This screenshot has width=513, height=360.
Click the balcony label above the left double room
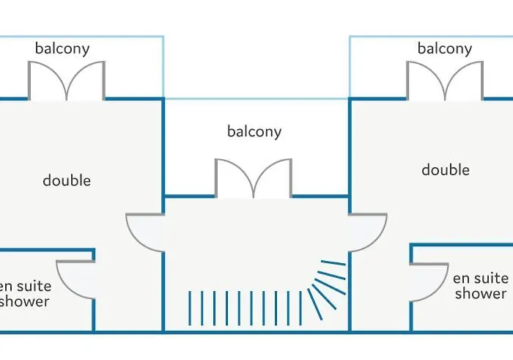[62, 49]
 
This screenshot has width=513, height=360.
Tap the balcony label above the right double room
[445, 49]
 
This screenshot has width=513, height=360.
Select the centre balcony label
[254, 132]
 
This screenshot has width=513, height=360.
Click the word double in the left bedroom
[67, 180]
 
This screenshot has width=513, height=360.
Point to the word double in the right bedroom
[446, 170]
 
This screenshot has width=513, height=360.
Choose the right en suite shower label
[481, 286]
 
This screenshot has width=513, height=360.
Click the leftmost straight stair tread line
[190, 308]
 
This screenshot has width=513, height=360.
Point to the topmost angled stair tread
[333, 262]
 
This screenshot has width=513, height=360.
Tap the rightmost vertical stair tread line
[300, 308]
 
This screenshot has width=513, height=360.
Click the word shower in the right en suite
[481, 293]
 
